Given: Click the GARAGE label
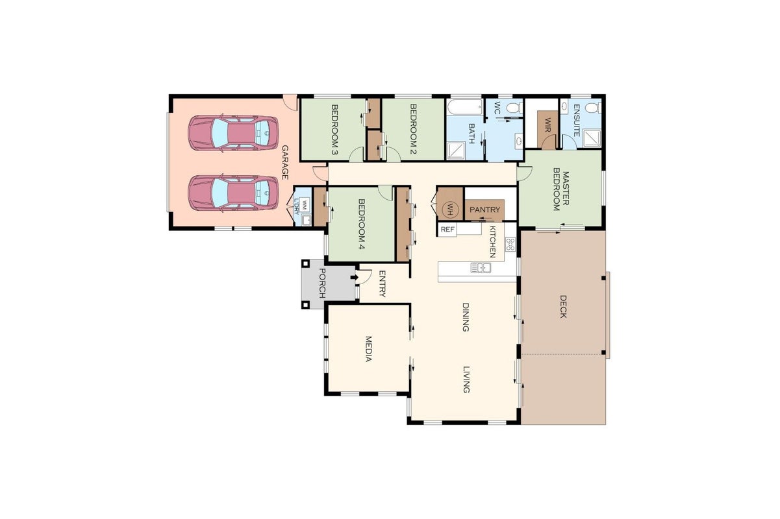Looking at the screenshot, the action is (x=285, y=162).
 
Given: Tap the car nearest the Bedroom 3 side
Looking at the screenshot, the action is (x=233, y=133).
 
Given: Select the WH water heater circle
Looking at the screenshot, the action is (x=449, y=210).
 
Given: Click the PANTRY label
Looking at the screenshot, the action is (x=484, y=210).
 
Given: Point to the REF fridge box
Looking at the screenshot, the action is (x=447, y=230).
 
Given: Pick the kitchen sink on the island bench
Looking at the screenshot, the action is (x=481, y=267).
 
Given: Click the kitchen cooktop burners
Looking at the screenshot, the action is (x=510, y=244).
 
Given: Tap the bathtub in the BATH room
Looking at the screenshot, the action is (x=466, y=107).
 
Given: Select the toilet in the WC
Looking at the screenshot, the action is (x=514, y=108).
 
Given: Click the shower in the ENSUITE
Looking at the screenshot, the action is (x=592, y=138).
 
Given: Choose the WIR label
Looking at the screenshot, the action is (x=547, y=125).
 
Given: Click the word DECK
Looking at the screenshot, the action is (x=563, y=306).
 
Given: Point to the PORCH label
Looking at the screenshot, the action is (x=322, y=283).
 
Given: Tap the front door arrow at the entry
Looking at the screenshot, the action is (x=354, y=277).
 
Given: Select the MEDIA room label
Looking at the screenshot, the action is (x=368, y=349).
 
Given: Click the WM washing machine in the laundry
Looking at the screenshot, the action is (x=305, y=204).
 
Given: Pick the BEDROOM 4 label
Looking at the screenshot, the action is (x=362, y=224).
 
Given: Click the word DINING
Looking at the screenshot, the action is (x=466, y=317).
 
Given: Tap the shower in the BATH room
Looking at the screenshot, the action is (x=456, y=151).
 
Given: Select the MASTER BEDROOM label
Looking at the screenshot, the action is (x=561, y=191).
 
